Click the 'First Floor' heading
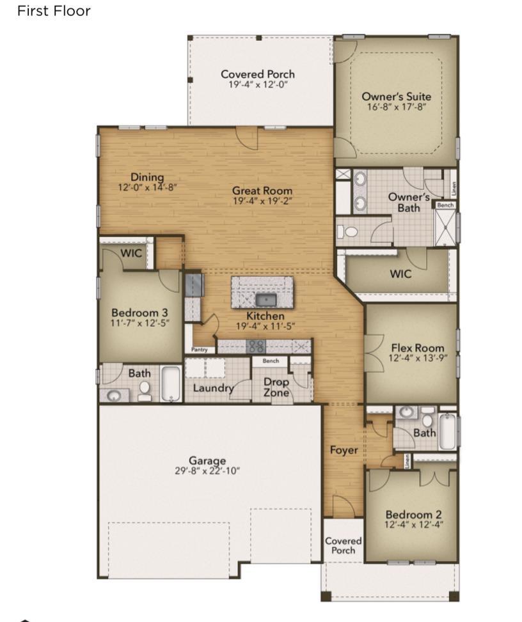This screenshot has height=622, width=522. (54, 11)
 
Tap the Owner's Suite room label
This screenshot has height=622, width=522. (396, 97)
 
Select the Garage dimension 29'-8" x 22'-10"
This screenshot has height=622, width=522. (207, 471)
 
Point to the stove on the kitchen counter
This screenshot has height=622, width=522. (256, 346)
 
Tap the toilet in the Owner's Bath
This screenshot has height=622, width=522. (348, 231)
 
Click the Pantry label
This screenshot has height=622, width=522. (200, 350)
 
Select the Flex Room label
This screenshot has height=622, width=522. (418, 348)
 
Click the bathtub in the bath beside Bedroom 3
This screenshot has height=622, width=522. (171, 384)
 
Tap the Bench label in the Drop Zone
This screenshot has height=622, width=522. (271, 361)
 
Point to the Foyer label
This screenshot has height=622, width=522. (344, 450)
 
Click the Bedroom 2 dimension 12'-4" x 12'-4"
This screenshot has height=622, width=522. (414, 524)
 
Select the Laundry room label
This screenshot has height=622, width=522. (213, 388)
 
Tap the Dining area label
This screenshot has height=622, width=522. (147, 177)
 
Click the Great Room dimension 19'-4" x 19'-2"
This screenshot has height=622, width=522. (262, 201)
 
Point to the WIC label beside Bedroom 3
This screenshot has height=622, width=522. (131, 253)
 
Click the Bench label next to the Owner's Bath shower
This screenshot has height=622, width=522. (445, 205)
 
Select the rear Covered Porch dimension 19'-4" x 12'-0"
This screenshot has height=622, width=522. (258, 84)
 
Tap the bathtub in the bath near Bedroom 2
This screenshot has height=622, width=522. (448, 432)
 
